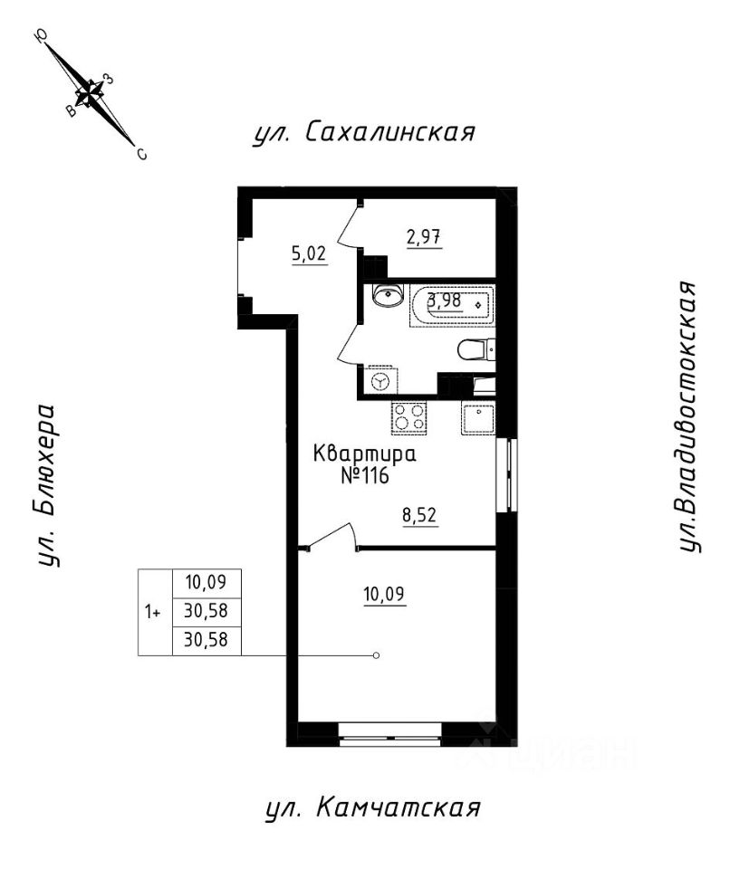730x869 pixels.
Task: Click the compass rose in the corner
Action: click(91, 91)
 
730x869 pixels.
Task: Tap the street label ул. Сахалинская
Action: click(364, 133)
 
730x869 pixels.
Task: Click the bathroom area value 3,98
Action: click(446, 302)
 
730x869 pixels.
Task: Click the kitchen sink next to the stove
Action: click(478, 418)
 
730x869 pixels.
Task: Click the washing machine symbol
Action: click(379, 381)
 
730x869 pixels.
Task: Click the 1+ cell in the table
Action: click(154, 612)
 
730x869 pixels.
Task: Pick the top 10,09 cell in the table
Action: click(207, 583)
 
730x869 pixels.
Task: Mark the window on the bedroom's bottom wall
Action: click(389, 731)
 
